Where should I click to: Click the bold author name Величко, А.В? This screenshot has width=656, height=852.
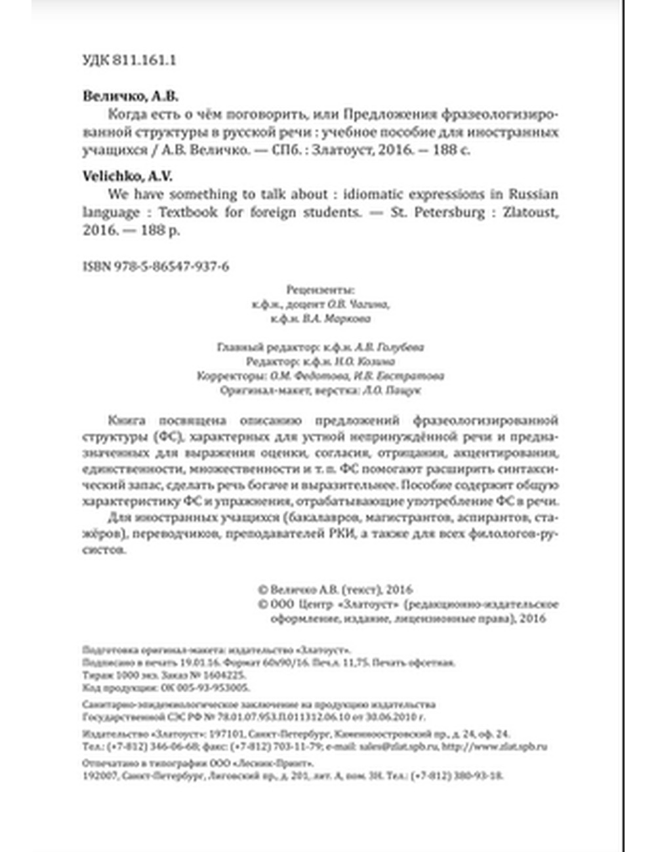pyautogui.click(x=131, y=96)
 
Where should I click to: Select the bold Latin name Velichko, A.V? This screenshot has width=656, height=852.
pyautogui.click(x=127, y=176)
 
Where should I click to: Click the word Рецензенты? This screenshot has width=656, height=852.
pyautogui.click(x=320, y=290)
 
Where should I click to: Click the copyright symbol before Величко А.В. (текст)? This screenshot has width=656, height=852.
pyautogui.click(x=264, y=590)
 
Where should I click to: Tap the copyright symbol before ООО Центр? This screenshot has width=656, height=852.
pyautogui.click(x=264, y=604)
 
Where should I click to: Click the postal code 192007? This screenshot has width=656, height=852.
pyautogui.click(x=99, y=775)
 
